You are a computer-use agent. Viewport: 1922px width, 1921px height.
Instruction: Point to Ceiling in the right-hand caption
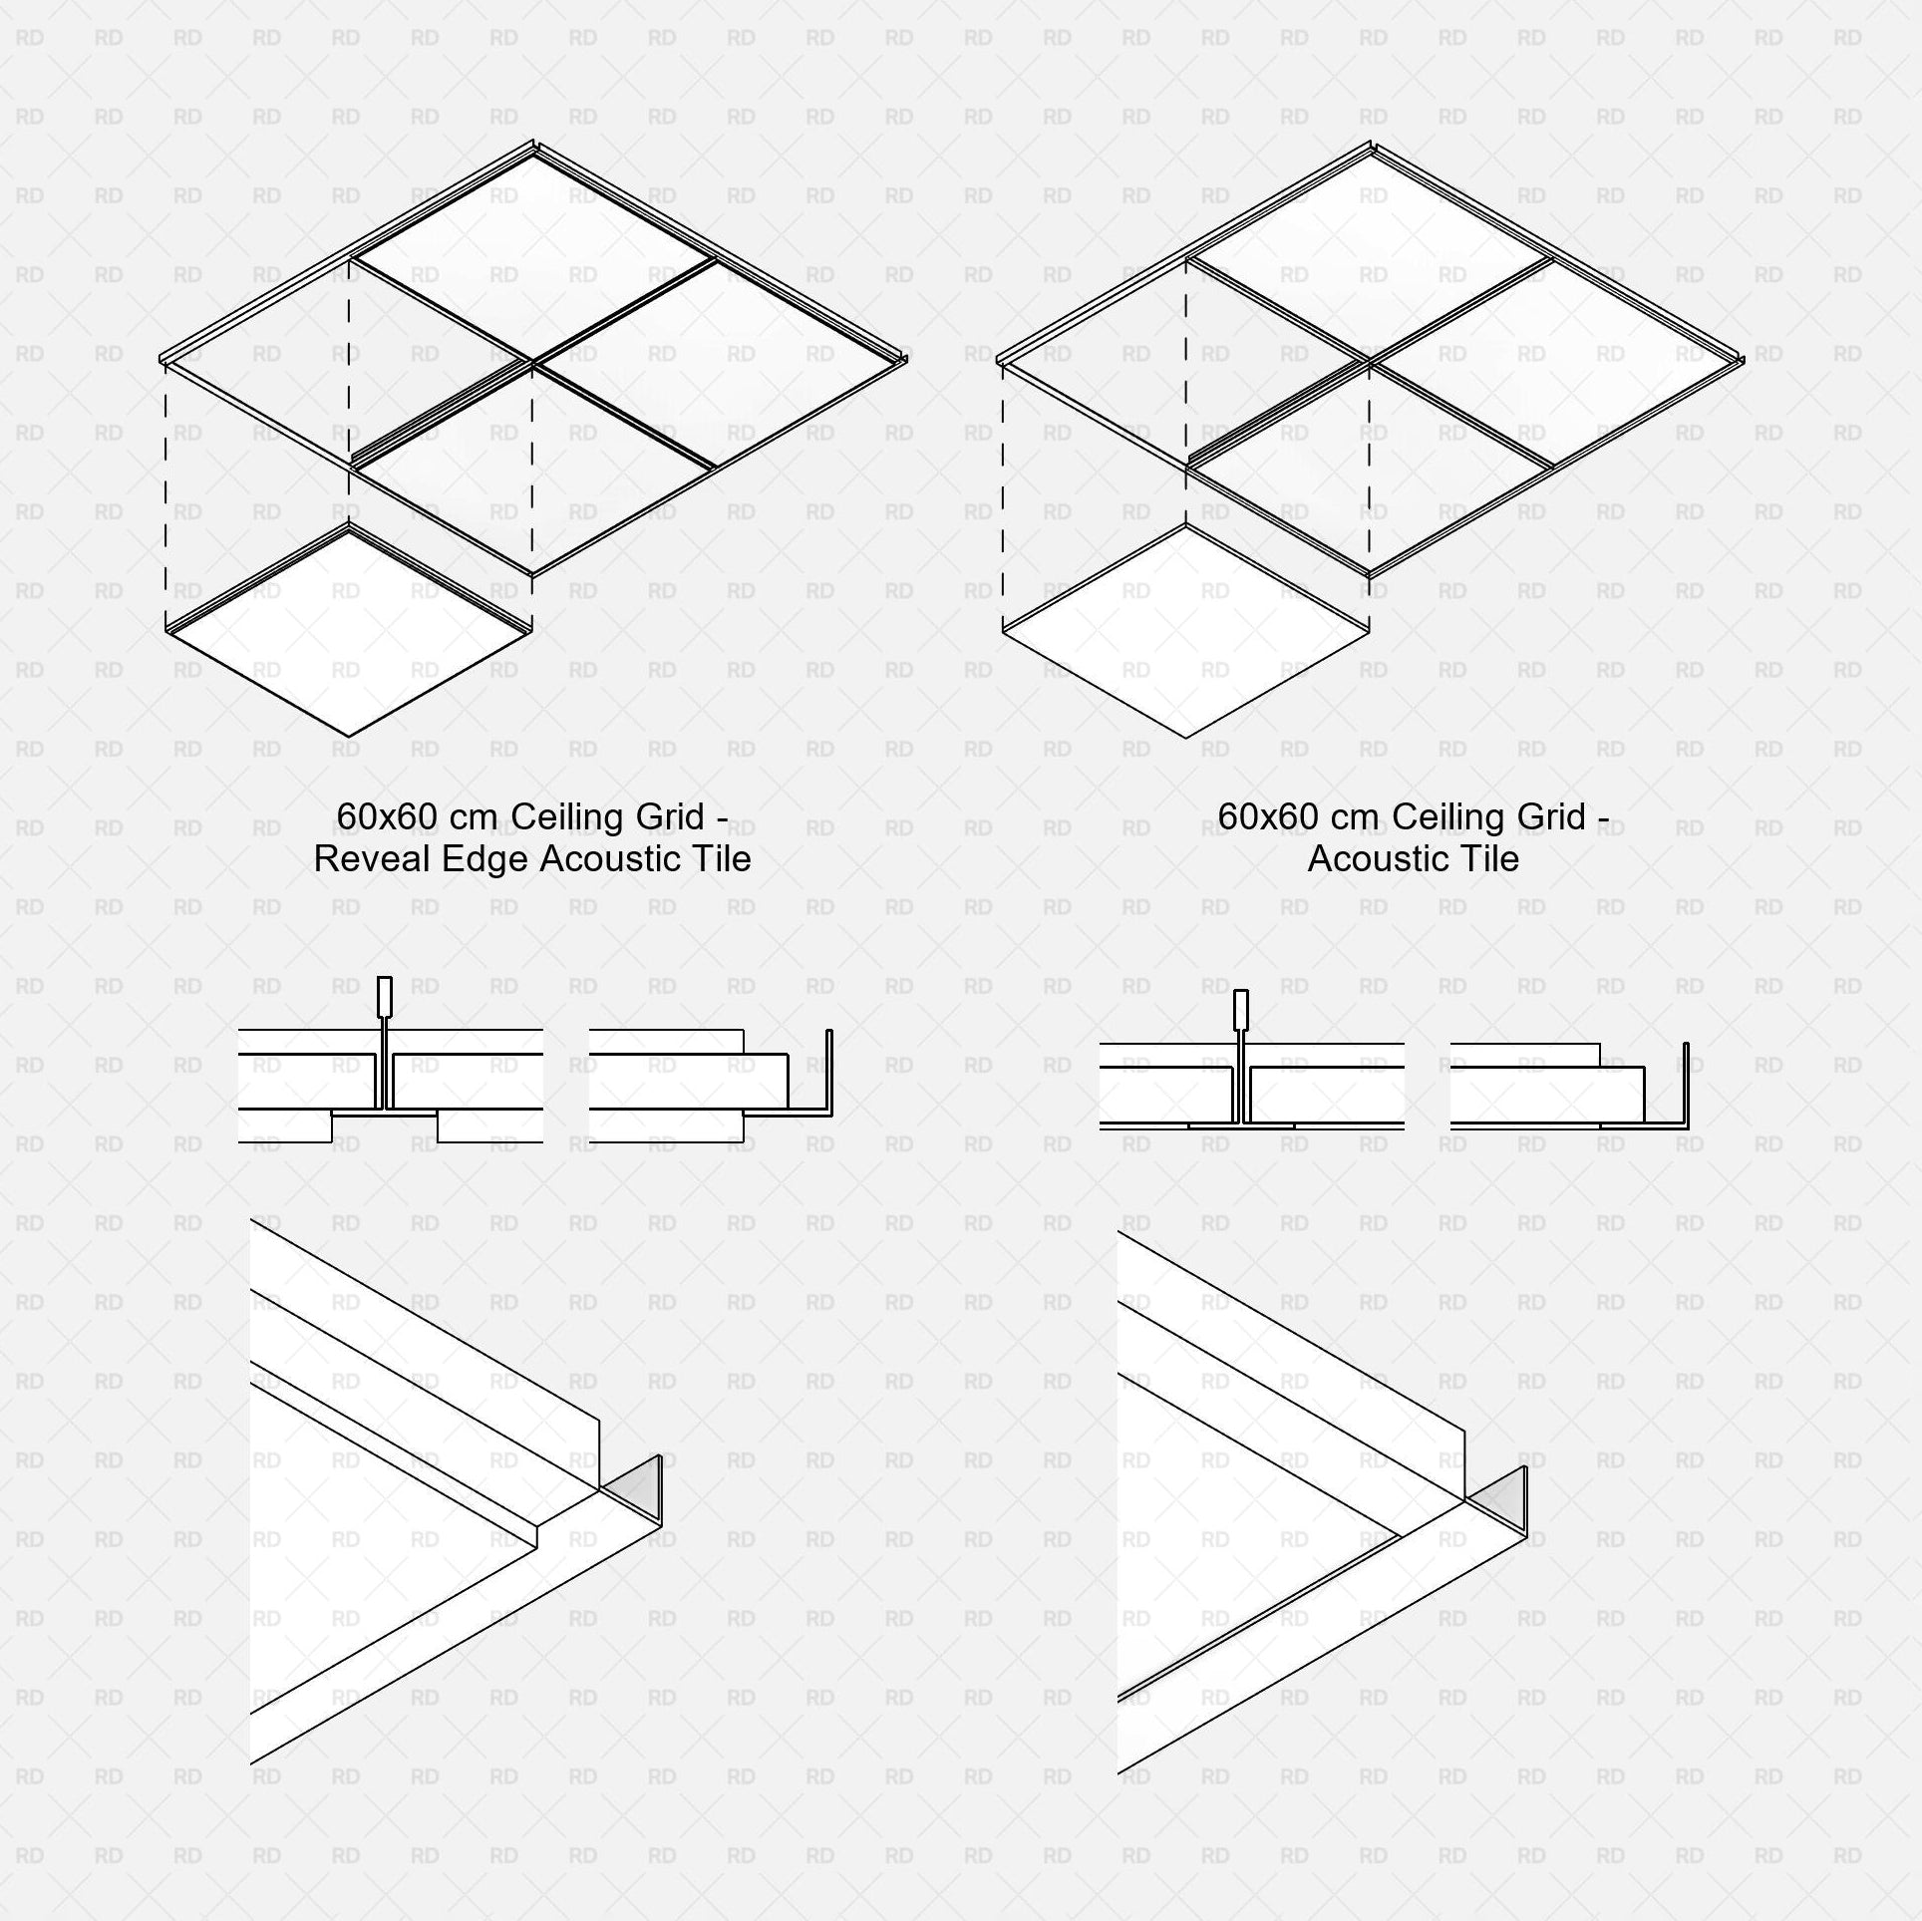coord(1446,816)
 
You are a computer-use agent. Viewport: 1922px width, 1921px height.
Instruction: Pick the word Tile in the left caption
coord(718,859)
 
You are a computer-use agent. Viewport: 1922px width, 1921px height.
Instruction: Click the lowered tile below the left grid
coord(349,634)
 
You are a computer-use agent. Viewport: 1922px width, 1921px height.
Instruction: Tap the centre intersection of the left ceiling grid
coord(533,363)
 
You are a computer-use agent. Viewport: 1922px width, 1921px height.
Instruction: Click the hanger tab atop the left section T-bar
coord(384,994)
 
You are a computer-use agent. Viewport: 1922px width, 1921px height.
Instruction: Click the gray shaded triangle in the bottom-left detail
coord(638,1487)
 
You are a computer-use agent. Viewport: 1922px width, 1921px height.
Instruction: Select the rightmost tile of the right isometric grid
coord(1555,364)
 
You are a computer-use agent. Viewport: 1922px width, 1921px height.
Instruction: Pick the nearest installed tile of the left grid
coord(533,469)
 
